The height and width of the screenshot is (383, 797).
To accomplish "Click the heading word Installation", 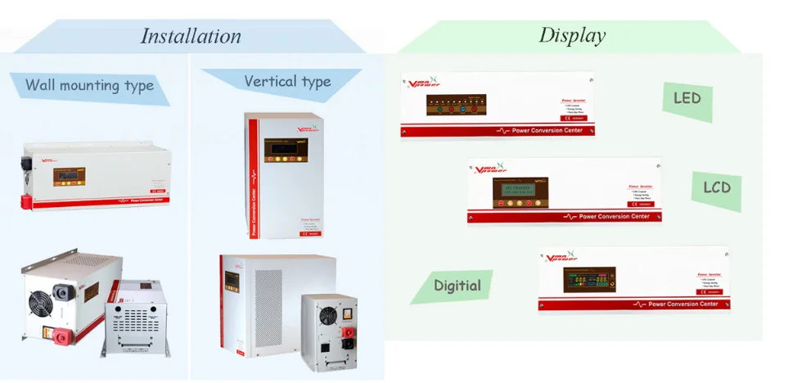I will (x=191, y=36).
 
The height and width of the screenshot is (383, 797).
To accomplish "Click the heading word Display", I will (x=572, y=35).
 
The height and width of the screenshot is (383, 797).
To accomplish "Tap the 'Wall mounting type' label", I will (x=89, y=85).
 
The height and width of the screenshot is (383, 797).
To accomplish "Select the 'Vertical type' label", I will (x=287, y=81).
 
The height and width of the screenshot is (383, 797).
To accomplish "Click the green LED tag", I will (x=687, y=98).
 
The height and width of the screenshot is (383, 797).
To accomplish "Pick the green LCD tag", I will (x=717, y=188).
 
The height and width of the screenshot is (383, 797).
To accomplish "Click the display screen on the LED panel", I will (x=457, y=106).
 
